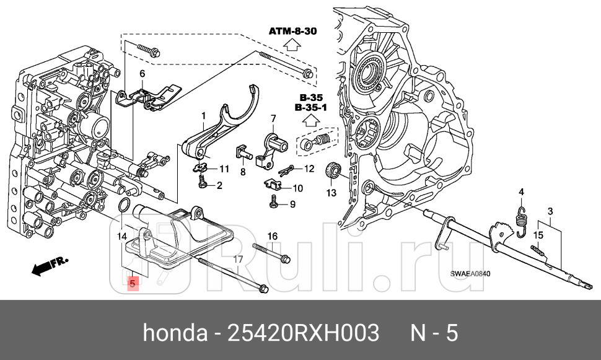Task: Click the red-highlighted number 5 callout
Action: pos(132,284)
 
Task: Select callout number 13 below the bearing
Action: pos(331,193)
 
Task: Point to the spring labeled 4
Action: pos(521,219)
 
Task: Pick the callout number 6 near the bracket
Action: pos(142,74)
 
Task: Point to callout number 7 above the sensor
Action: pos(272,118)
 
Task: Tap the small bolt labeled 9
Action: pos(273,201)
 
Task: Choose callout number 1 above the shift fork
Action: pos(203,115)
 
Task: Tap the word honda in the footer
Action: pos(175,333)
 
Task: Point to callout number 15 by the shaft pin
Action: pos(538,235)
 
